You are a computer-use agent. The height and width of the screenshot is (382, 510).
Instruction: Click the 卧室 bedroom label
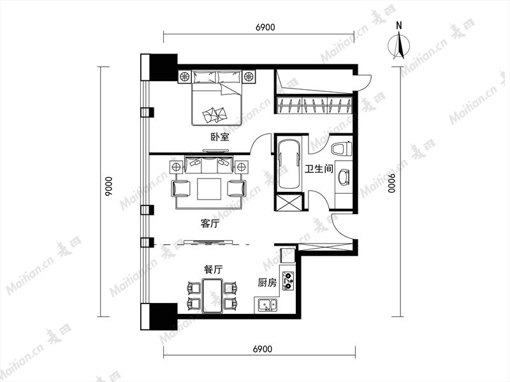click(x=220, y=137)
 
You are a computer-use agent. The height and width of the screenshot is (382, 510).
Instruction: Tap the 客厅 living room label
click(x=210, y=224)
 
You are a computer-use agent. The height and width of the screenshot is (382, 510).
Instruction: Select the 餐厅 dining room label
click(x=214, y=269)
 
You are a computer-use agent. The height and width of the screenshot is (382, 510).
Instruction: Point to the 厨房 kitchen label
click(x=267, y=283)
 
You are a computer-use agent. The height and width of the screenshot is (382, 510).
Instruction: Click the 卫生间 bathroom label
click(x=319, y=169)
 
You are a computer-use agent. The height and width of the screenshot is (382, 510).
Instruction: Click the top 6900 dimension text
click(x=265, y=27)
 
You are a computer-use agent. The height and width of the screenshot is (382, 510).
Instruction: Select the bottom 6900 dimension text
click(x=262, y=349)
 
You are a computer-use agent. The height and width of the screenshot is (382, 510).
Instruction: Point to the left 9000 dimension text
click(x=108, y=186)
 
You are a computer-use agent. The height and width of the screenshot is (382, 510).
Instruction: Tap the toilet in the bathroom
click(x=342, y=149)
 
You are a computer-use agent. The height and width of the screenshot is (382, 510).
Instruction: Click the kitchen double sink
click(x=267, y=305)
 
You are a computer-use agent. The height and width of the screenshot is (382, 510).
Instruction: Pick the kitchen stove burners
click(x=288, y=281)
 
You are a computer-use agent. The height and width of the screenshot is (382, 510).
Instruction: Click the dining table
click(x=212, y=296)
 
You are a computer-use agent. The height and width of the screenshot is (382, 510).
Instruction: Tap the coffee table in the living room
click(x=209, y=188)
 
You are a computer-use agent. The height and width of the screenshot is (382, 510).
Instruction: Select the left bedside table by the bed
click(x=184, y=77)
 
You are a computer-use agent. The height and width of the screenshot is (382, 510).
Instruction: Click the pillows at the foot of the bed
click(x=215, y=115)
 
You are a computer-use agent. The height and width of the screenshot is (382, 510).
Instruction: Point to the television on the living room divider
click(x=208, y=242)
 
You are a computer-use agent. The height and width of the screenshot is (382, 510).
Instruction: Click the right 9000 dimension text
click(x=392, y=183)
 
